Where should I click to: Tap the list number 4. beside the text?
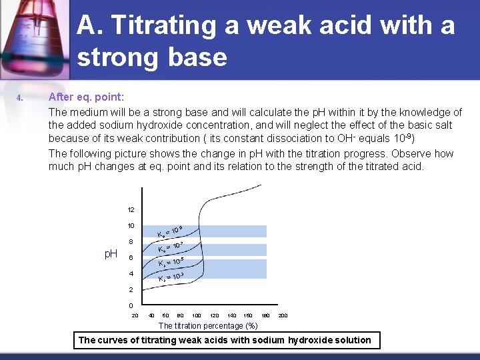tap(21, 99)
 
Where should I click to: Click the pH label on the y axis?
tap(111, 254)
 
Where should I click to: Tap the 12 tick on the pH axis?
tap(131, 209)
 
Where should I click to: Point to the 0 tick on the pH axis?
tap(131, 306)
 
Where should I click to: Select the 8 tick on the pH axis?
tap(131, 241)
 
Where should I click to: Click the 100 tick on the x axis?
tap(197, 315)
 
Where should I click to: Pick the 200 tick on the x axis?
tap(283, 315)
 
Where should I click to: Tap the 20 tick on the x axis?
tap(135, 315)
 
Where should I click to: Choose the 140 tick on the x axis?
tap(231, 315)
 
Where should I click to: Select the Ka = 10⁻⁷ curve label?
tap(171, 247)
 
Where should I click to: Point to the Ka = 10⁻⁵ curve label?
tap(171, 262)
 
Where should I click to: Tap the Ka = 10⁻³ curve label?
tap(171, 277)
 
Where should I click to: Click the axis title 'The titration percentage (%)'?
tap(208, 325)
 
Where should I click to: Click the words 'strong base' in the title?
tap(152, 57)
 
